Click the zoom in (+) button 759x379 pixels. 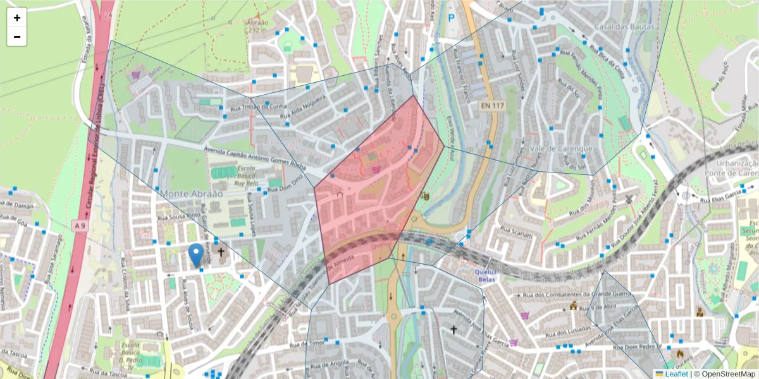pos(16,18)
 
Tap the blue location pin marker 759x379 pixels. pos(196,255)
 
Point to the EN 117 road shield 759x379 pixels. pos(491,105)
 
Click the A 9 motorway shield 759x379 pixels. pos(78,226)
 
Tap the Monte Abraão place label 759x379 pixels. pos(192,193)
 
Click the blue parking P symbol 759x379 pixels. pos(451,19)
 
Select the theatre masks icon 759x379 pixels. pos(426,196)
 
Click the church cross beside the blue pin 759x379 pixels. pos(221,253)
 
